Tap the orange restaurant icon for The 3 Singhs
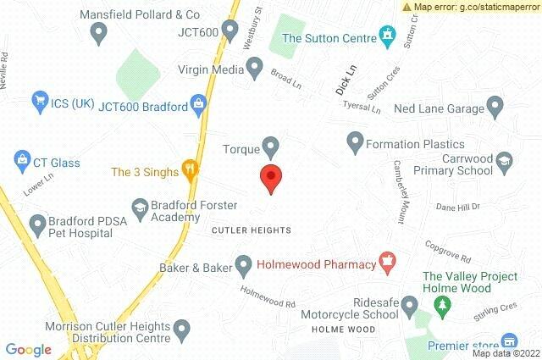point(191,172)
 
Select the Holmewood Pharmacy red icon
point(388,264)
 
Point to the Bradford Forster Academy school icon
point(140,206)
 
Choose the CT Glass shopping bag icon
point(22,158)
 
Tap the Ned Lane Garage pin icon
point(496,107)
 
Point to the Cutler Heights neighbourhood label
point(251,230)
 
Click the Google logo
point(28,350)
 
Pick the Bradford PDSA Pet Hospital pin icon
point(37,224)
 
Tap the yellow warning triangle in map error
point(406,7)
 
